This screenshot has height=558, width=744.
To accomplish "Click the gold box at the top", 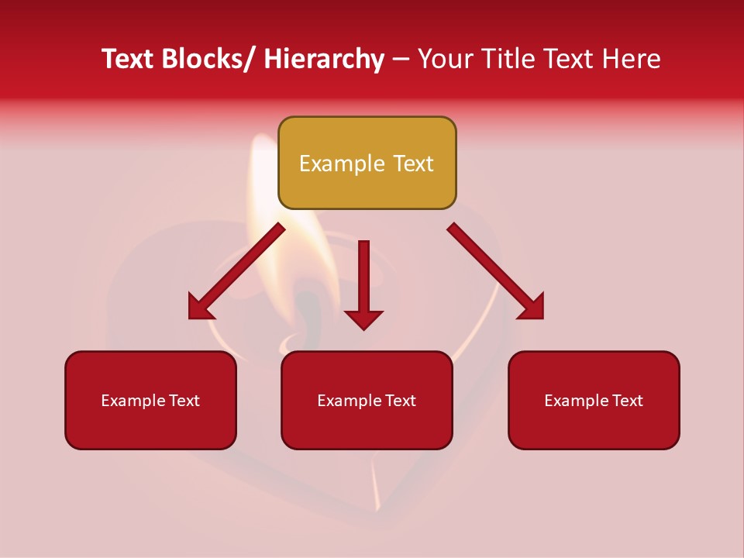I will click(x=367, y=163).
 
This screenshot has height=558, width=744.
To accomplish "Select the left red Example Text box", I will click(x=150, y=400).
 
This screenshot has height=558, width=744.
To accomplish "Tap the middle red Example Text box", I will click(x=367, y=400).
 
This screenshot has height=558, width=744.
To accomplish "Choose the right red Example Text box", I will click(x=594, y=400).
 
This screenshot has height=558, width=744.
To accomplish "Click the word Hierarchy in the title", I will click(x=323, y=59).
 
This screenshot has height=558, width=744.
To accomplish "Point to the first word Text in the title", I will click(x=129, y=59).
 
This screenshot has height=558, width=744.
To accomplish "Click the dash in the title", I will click(x=401, y=59).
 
